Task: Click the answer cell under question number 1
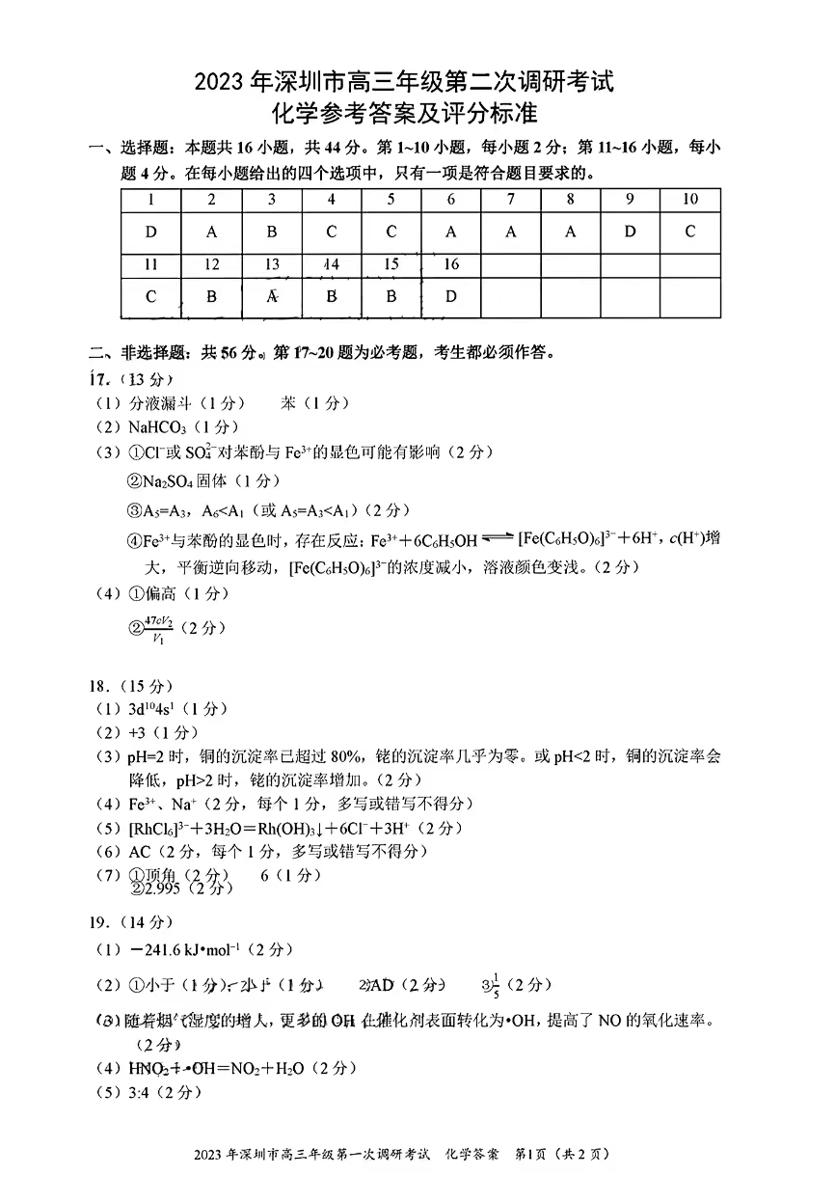(150, 232)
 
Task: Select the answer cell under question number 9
(630, 232)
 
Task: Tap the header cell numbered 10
(689, 200)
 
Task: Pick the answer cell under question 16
(450, 296)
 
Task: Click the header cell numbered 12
(211, 264)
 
